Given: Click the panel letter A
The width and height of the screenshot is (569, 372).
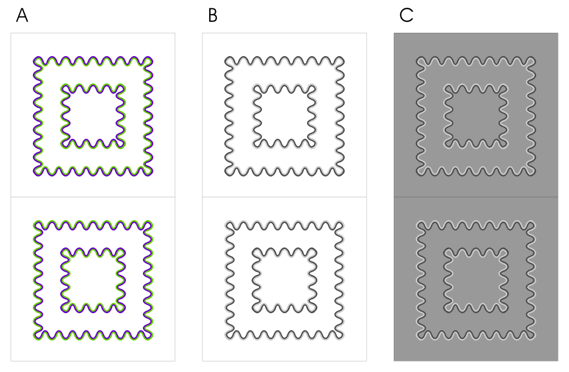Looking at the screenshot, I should (x=22, y=16).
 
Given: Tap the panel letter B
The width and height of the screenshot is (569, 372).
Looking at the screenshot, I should (x=212, y=16).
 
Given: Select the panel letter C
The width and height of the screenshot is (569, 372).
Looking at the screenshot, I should (x=406, y=16).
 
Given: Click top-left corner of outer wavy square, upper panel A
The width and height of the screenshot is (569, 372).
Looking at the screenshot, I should (x=36, y=59).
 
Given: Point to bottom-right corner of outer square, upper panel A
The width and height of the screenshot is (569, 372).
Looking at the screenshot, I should (x=151, y=173).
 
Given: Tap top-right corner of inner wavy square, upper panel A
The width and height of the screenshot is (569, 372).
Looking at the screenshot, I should (x=122, y=87).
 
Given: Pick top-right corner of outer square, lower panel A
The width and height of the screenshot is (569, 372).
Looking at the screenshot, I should (x=151, y=223).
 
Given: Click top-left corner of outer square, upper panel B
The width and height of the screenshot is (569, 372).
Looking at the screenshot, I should (x=227, y=59).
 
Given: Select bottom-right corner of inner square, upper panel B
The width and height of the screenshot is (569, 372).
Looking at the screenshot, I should (x=313, y=144).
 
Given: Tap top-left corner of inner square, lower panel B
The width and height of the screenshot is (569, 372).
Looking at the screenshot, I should (x=255, y=251).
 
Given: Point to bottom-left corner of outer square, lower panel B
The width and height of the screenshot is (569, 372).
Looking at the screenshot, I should (x=227, y=336).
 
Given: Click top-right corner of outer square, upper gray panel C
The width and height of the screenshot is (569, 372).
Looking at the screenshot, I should (x=533, y=59).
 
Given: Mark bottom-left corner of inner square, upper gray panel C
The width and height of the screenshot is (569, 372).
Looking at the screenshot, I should (x=447, y=144).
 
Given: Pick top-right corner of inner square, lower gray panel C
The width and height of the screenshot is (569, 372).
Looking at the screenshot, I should (x=504, y=251).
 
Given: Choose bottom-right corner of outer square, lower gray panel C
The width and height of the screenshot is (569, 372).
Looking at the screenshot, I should (x=533, y=336).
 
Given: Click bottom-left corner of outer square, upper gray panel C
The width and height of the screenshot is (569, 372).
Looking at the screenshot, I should (x=418, y=173).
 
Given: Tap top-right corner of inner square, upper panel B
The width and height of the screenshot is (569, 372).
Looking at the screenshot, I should (x=313, y=87).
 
